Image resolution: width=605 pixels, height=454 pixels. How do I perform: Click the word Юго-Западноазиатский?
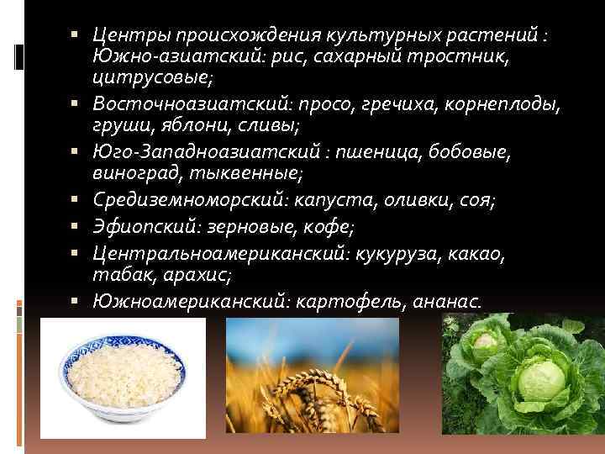click(203, 152)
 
